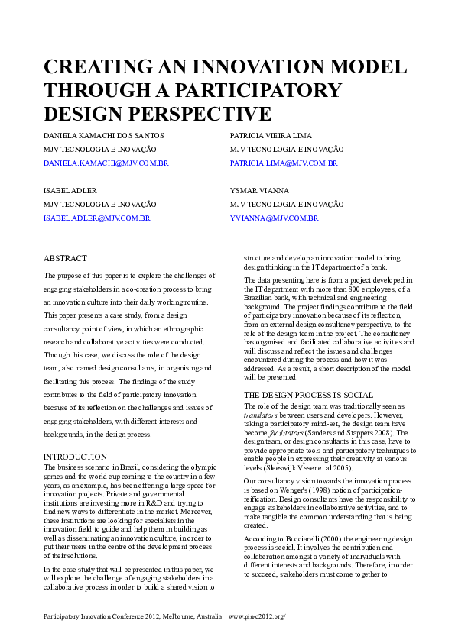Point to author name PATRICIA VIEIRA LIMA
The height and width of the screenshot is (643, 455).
(x=271, y=135)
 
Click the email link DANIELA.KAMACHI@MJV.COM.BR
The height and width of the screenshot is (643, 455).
(x=106, y=163)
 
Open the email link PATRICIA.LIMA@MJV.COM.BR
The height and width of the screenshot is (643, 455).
(x=273, y=163)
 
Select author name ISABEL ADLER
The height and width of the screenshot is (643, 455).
(x=70, y=190)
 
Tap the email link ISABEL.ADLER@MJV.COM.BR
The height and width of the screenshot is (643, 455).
(x=96, y=218)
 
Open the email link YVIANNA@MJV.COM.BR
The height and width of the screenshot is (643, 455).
(x=274, y=218)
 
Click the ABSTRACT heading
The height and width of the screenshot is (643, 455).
(x=65, y=259)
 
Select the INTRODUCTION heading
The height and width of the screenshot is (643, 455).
(x=75, y=457)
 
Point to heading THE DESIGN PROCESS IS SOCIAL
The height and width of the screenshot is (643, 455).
(x=308, y=395)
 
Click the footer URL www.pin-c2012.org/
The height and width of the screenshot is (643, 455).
(x=262, y=616)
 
